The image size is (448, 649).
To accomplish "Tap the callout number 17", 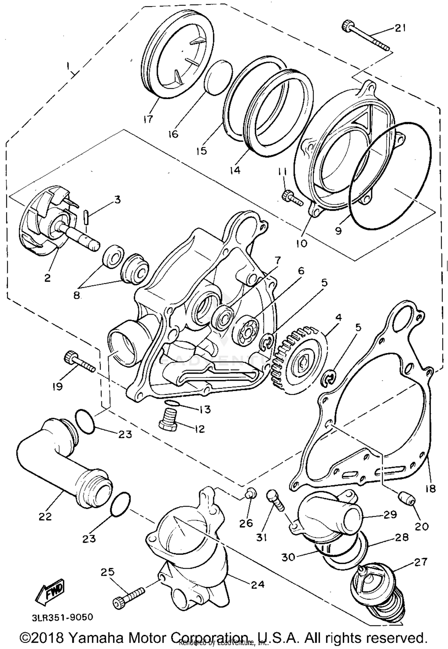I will tap(148, 119).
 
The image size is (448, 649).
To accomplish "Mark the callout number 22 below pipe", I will tap(45, 516).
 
